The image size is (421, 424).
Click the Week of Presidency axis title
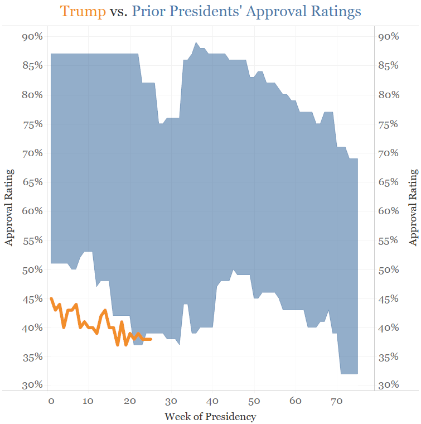coord(210,416)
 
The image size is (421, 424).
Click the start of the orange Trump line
coord(51,298)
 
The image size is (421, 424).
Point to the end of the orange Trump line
coord(151,339)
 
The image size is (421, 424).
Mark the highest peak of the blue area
coord(196,42)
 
